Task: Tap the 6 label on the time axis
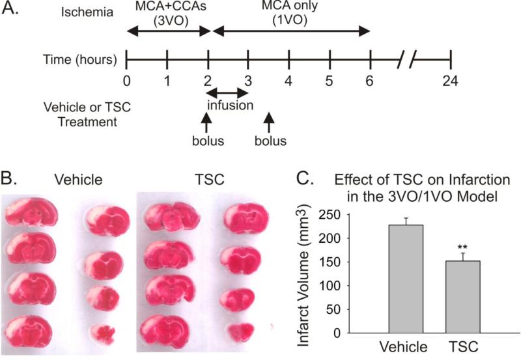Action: click(x=370, y=81)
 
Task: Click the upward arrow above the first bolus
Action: click(x=207, y=122)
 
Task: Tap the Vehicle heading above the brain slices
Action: click(x=77, y=178)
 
